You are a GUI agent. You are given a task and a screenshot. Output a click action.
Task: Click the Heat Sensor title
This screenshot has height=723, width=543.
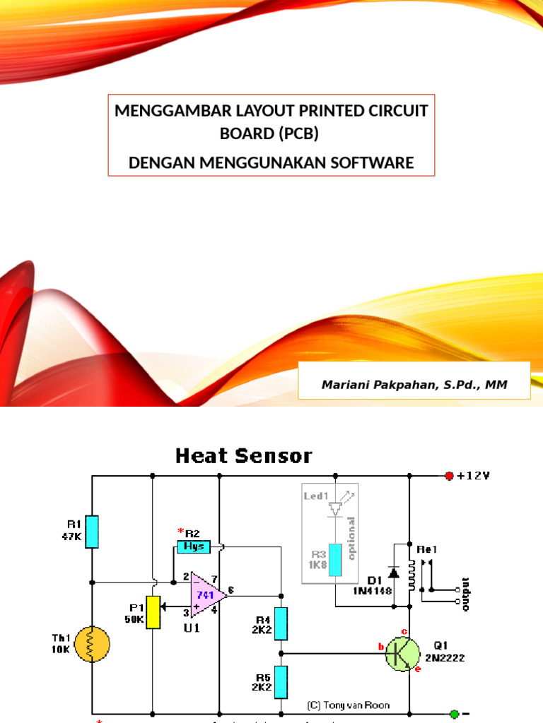(243, 456)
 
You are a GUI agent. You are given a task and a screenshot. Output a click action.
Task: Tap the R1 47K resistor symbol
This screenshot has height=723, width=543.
(92, 532)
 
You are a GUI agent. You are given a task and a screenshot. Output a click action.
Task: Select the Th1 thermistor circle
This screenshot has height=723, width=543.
(93, 643)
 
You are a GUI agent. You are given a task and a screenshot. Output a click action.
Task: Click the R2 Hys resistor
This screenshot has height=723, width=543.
(193, 546)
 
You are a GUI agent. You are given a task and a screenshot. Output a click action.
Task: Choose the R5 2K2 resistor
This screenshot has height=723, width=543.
(281, 681)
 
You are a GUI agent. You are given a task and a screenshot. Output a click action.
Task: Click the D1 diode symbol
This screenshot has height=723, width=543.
(393, 572)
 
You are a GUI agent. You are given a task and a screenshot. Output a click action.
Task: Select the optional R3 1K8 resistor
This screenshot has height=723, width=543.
(335, 561)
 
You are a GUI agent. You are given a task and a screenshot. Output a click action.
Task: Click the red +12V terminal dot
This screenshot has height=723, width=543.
(448, 476)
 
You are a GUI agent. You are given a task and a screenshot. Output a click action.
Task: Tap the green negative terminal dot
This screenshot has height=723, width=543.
(454, 714)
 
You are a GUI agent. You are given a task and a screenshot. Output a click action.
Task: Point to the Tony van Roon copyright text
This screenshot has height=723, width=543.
(348, 705)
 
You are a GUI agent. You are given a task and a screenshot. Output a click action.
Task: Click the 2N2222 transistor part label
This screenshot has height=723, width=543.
(446, 657)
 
